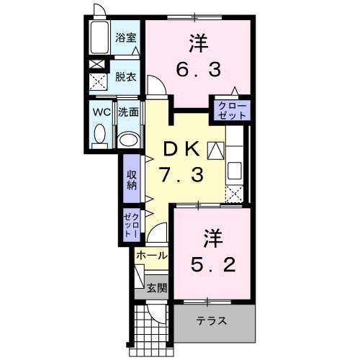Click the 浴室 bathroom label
pyautogui.click(x=126, y=38)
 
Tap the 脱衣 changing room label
pyautogui.click(x=126, y=76)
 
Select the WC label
pyautogui.click(x=99, y=112)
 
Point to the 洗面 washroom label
pyautogui.click(x=128, y=112)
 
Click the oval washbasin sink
pyautogui.click(x=129, y=138)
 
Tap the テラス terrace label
pyautogui.click(x=212, y=321)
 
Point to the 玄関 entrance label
pyautogui.click(x=157, y=288)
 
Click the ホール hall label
pyautogui.click(x=152, y=256)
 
